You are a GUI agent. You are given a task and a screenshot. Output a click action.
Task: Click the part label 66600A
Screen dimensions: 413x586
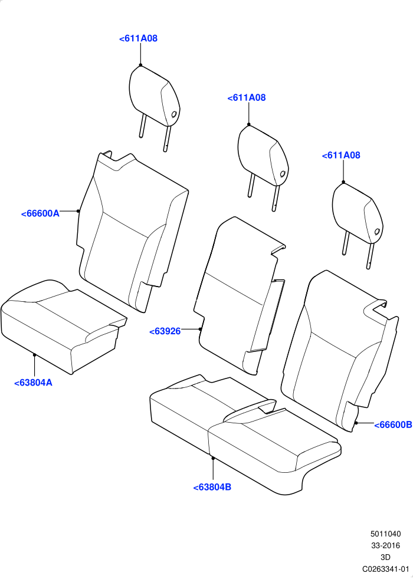pyautogui.click(x=40, y=214)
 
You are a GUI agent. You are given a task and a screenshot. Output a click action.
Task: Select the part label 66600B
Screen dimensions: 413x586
pyautogui.click(x=393, y=424)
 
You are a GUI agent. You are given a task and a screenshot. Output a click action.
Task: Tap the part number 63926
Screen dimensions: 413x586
pyautogui.click(x=165, y=331)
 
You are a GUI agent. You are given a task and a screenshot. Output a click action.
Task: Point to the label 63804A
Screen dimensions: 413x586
pyautogui.click(x=33, y=383)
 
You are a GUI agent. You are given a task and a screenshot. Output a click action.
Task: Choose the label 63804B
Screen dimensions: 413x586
pyautogui.click(x=212, y=488)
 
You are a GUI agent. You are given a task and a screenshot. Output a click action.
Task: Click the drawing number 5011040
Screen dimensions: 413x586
pyautogui.click(x=386, y=534)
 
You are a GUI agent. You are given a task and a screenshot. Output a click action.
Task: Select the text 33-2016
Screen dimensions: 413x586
pyautogui.click(x=386, y=546)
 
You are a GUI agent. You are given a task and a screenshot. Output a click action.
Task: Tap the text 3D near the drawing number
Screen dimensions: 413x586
pyautogui.click(x=385, y=557)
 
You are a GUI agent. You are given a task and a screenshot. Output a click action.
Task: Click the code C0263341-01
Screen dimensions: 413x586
pyautogui.click(x=386, y=569)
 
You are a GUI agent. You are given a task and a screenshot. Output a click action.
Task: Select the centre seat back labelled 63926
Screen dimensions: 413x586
pyautogui.click(x=240, y=295)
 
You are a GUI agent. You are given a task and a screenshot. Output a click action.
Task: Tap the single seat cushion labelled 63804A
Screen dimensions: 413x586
pyautogui.click(x=64, y=325)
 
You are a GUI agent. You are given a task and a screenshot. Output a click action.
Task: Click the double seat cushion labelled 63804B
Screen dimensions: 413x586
pyautogui.click(x=245, y=433)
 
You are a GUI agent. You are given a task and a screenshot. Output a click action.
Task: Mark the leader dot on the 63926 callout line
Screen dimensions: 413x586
pyautogui.click(x=200, y=329)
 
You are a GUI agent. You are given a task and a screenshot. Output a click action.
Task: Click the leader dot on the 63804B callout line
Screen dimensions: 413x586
pyautogui.click(x=213, y=457)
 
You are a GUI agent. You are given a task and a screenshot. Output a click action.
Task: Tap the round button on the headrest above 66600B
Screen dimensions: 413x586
pyautogui.click(x=378, y=232)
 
